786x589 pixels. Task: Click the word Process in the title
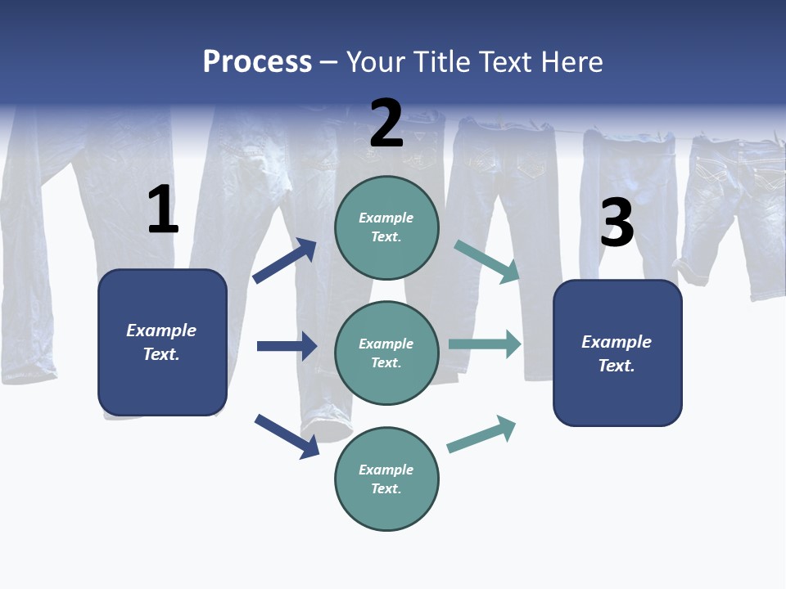click(x=257, y=62)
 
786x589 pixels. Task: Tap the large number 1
click(x=163, y=210)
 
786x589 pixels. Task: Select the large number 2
click(x=386, y=124)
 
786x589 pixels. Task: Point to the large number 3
click(x=617, y=223)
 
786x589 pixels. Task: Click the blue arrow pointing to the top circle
click(x=285, y=260)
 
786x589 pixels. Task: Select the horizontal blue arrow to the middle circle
click(x=287, y=346)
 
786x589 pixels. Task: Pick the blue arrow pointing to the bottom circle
click(x=287, y=436)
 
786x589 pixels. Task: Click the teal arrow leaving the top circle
click(x=487, y=261)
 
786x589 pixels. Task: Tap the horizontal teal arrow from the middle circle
click(x=485, y=344)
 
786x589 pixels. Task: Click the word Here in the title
click(x=570, y=62)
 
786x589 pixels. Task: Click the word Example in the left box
click(x=161, y=330)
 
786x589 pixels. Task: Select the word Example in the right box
click(x=617, y=342)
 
